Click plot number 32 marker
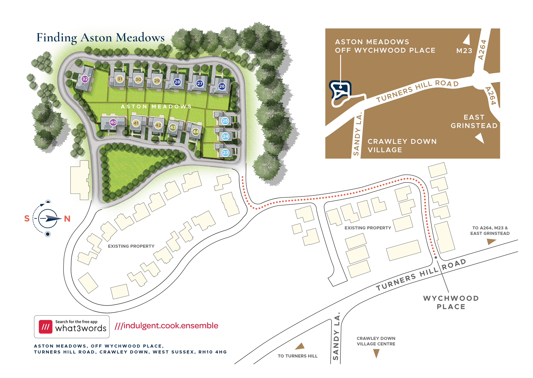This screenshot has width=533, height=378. point(85,79)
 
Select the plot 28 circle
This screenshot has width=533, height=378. point(177,82)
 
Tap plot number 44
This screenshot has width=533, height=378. point(196,132)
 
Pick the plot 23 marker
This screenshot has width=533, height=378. point(225,153)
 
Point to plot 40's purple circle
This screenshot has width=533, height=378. point(113,122)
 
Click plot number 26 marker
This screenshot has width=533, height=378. point(222,86)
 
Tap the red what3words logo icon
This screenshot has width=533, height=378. point(46,327)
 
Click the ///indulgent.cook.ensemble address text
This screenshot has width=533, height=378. point(167,326)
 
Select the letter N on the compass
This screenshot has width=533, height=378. point(67,219)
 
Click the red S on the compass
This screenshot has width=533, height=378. point(27,219)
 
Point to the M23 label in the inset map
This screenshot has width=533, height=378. point(464,51)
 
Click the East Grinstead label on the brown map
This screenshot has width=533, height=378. point(474,122)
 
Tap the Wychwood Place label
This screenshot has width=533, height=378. point(451,302)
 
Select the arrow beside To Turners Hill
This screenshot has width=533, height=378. point(300,346)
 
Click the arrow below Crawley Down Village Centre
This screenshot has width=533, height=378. point(376,353)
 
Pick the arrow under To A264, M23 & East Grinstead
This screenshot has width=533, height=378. point(491,241)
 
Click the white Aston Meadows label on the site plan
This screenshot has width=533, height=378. point(156,106)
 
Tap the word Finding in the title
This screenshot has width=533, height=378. point(57,38)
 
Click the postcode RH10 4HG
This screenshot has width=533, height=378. point(213,352)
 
